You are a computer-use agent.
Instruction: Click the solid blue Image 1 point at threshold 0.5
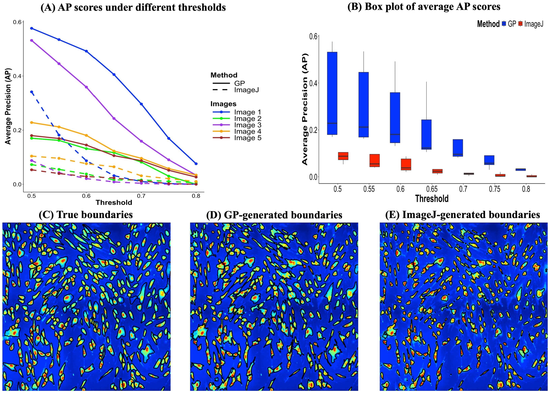32,28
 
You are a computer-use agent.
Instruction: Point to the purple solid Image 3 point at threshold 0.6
86,87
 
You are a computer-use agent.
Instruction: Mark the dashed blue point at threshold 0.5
32,92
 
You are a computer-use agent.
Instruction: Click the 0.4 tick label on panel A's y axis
17,76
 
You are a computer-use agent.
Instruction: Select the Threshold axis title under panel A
114,202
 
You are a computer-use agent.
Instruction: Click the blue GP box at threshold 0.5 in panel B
332,93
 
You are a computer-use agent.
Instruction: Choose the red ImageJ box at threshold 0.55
375,160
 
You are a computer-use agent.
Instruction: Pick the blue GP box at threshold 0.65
426,134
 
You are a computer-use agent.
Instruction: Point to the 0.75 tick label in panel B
495,189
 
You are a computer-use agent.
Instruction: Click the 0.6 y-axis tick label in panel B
313,36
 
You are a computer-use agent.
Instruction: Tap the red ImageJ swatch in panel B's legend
520,24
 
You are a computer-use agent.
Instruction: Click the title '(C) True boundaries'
86,215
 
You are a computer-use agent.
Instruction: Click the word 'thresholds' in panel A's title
202,7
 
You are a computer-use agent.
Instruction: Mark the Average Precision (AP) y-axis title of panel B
305,109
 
